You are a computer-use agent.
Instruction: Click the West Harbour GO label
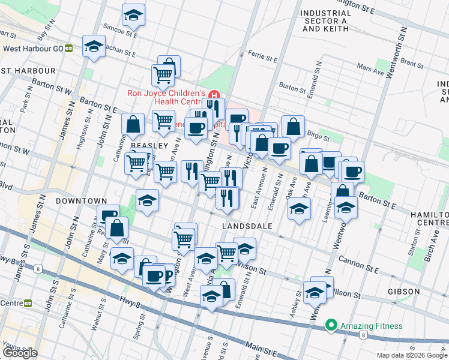[x=34, y=49]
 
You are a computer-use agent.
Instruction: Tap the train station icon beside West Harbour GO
[x=69, y=49]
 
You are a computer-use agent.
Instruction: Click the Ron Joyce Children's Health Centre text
[x=166, y=97]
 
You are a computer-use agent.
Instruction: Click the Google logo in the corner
[x=20, y=352]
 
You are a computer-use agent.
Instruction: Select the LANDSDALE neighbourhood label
[x=247, y=226]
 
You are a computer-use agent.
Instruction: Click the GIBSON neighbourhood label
[x=403, y=292]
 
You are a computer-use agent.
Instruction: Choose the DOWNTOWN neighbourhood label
[x=81, y=201]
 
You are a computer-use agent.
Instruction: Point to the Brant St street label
[x=412, y=62]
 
